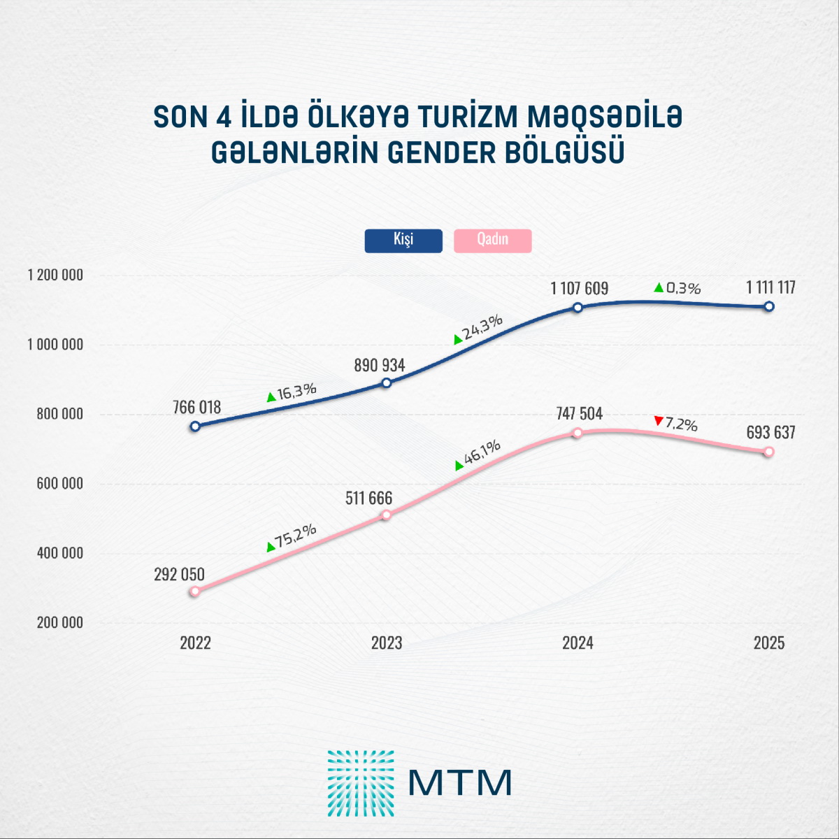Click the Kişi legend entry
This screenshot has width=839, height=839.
coord(403,240)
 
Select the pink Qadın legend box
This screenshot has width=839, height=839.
coord(493,240)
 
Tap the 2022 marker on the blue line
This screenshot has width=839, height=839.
coord(195,426)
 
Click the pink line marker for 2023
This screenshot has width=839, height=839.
coord(386,515)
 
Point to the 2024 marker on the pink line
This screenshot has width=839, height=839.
coord(578,433)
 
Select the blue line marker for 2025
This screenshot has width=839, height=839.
coord(769,306)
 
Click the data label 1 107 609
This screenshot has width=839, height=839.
coord(580,288)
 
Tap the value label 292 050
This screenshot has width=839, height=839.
coord(180,575)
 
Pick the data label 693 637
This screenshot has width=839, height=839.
coord(770,433)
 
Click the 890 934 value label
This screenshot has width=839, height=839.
coord(380,365)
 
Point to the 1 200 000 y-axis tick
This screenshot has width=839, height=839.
coord(55,275)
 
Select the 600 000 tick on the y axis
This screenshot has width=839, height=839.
coord(59,483)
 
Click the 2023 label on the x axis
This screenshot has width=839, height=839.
coord(387,643)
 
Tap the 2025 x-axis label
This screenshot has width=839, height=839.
coord(769,643)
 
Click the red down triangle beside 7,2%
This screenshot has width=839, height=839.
coord(658,421)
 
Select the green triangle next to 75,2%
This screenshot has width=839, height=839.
coord(271,547)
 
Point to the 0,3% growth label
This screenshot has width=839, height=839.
coord(683,288)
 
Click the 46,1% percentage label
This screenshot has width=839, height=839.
coord(482,451)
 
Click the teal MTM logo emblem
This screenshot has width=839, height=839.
coord(361,783)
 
